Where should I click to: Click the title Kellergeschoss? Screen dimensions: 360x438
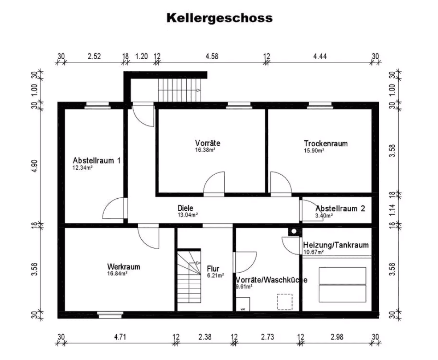click(x=219, y=18)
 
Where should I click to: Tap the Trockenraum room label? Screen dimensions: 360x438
click(x=325, y=143)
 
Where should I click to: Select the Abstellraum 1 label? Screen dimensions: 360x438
click(x=96, y=160)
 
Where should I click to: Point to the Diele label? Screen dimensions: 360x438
click(x=185, y=208)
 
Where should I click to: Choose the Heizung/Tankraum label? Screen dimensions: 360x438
click(x=336, y=245)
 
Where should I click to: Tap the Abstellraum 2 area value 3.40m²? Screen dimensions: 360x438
click(x=324, y=216)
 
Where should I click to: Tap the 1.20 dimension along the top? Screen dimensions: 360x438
click(x=141, y=56)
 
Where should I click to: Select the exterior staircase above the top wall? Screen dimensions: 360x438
click(x=181, y=90)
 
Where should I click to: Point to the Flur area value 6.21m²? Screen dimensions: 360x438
click(x=215, y=275)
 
